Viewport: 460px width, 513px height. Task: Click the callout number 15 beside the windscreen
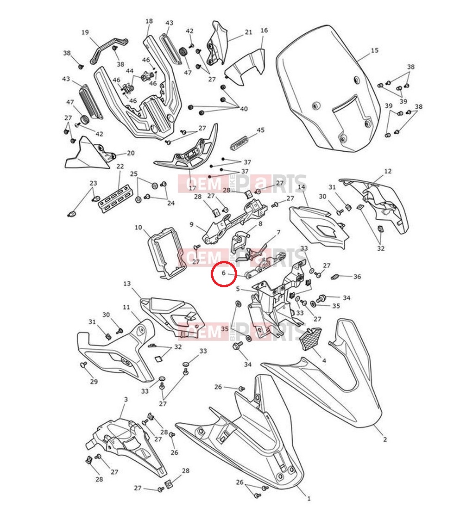(x=374, y=50)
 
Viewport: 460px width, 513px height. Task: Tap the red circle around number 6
(x=224, y=274)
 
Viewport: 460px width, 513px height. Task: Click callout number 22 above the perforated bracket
(x=120, y=167)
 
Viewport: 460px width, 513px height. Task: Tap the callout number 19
(x=85, y=32)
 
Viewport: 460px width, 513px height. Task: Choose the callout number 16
(x=264, y=31)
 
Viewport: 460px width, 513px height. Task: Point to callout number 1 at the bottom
(x=309, y=499)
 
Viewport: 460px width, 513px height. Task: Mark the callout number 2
(x=385, y=439)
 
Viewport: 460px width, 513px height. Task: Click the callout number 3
(x=126, y=399)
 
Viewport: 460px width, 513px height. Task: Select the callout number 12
(x=388, y=171)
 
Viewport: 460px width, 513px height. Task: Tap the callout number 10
(x=139, y=227)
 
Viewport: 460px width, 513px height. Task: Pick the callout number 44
(x=129, y=71)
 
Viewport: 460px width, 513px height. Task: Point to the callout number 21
(x=248, y=32)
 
